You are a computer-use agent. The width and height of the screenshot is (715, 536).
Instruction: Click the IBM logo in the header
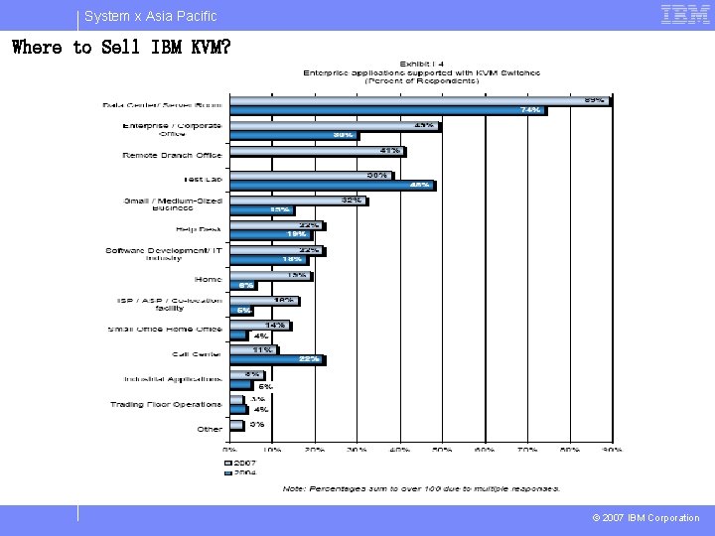(685, 15)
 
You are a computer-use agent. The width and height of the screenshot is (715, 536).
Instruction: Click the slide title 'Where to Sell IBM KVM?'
(120, 47)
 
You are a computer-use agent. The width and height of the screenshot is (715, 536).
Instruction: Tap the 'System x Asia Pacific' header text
(150, 16)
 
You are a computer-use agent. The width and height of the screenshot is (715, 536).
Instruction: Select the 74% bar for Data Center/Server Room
(387, 110)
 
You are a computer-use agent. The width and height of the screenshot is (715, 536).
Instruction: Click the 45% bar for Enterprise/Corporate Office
(335, 126)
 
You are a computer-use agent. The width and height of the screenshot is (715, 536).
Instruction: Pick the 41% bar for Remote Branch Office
(317, 152)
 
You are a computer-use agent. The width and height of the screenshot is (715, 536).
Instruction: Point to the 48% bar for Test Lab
(332, 186)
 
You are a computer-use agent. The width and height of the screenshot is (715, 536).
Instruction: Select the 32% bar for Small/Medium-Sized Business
(298, 201)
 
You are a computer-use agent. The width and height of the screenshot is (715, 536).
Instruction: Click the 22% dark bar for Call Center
(277, 359)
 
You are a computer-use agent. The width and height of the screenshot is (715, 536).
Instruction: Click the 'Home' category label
(209, 280)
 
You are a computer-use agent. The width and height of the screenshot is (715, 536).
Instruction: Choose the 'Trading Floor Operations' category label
(166, 404)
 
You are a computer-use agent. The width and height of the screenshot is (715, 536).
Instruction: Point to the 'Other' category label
(210, 429)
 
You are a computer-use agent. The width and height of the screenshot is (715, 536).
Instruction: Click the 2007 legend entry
(241, 463)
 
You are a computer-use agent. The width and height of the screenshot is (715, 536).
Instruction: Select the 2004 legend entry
(241, 473)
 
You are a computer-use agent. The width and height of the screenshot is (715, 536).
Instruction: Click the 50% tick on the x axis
(442, 450)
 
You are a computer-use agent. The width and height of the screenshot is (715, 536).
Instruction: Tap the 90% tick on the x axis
(611, 450)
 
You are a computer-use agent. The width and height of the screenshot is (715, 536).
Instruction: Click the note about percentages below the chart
(421, 488)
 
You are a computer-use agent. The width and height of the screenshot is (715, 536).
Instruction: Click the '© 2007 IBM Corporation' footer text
(646, 518)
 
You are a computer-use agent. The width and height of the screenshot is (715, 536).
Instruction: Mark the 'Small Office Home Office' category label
(165, 330)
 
